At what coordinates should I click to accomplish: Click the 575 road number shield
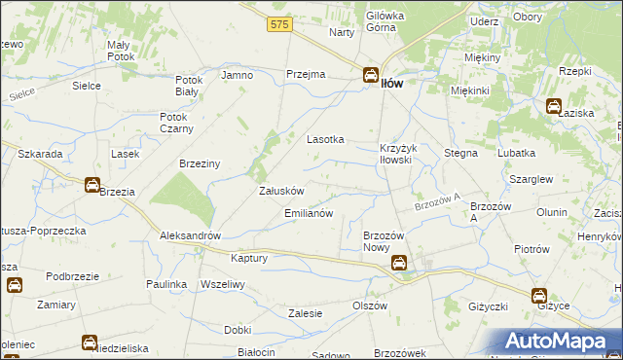(280, 24)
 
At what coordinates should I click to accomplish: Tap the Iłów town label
(392, 83)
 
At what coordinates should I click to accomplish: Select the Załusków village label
(282, 191)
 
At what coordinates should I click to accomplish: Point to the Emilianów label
(309, 212)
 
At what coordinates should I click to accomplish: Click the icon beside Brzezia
(91, 184)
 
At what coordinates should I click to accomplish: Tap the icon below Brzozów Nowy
(399, 263)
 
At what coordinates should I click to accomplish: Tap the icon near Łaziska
(554, 107)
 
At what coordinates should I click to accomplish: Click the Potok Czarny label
(177, 123)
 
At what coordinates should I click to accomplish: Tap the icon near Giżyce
(538, 296)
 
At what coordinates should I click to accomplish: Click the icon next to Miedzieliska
(88, 342)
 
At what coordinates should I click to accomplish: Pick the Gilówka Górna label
(385, 21)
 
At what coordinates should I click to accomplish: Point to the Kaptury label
(249, 258)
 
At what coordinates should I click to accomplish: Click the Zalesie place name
(306, 313)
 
